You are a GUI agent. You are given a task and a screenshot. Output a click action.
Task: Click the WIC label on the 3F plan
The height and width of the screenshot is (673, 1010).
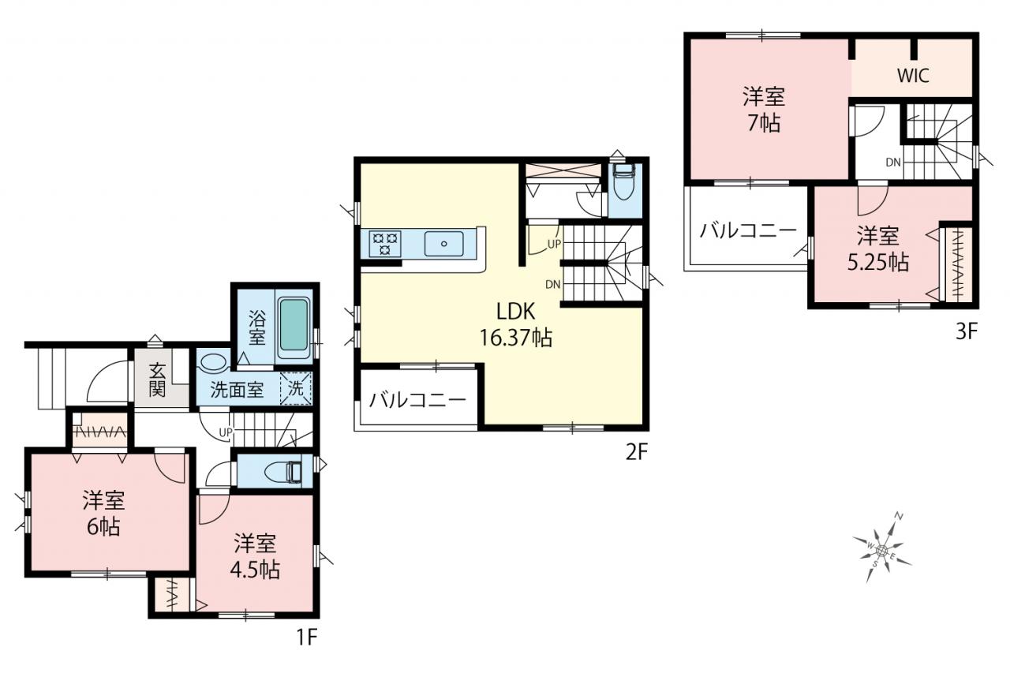tap(913, 76)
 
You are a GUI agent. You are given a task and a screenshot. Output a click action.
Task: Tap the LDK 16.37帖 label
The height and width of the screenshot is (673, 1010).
tap(516, 324)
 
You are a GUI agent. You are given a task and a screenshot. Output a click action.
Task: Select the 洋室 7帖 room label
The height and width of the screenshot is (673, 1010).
tap(765, 110)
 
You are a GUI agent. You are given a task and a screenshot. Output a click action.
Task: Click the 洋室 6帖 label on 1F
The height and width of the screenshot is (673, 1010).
tap(103, 514)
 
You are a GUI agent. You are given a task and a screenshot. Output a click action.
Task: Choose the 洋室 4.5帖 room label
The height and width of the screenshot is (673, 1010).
tap(255, 557)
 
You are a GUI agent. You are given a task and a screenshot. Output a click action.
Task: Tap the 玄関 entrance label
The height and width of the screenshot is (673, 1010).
tap(157, 380)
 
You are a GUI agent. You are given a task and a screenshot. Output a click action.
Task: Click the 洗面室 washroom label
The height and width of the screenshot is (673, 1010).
tap(238, 390)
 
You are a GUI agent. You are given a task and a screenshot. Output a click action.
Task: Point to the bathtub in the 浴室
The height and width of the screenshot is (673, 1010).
tap(294, 329)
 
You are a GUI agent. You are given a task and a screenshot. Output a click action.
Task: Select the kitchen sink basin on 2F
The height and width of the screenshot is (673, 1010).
tap(443, 244)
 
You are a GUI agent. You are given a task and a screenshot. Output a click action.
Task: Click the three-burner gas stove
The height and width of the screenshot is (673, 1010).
tap(384, 244)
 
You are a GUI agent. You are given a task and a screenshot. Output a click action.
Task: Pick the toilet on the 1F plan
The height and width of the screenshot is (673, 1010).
tap(283, 472)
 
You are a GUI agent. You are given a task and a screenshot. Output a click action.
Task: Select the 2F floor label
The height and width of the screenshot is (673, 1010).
tap(637, 452)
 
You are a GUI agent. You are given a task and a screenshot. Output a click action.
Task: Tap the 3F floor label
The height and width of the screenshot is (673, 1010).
tap(967, 332)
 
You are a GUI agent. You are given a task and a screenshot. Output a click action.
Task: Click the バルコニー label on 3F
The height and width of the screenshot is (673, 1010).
tap(749, 232)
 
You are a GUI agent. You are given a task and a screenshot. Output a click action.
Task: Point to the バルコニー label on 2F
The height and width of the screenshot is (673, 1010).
tap(417, 400)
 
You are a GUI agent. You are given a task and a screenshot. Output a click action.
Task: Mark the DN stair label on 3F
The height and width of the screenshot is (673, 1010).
tap(893, 163)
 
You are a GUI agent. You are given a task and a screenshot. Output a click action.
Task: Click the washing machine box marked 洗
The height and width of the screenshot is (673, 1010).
tap(296, 388)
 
